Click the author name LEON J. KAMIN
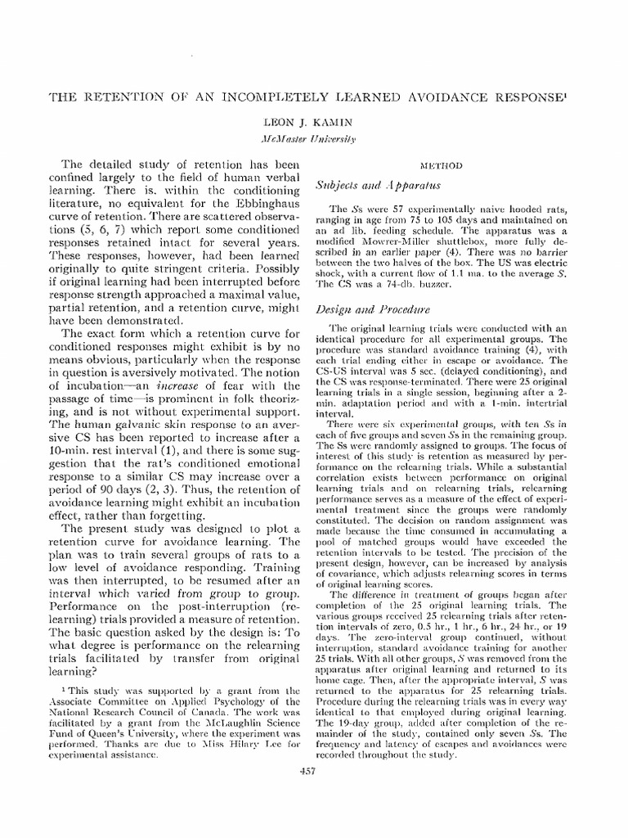tap(314, 121)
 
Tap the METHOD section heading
tap(442, 164)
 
